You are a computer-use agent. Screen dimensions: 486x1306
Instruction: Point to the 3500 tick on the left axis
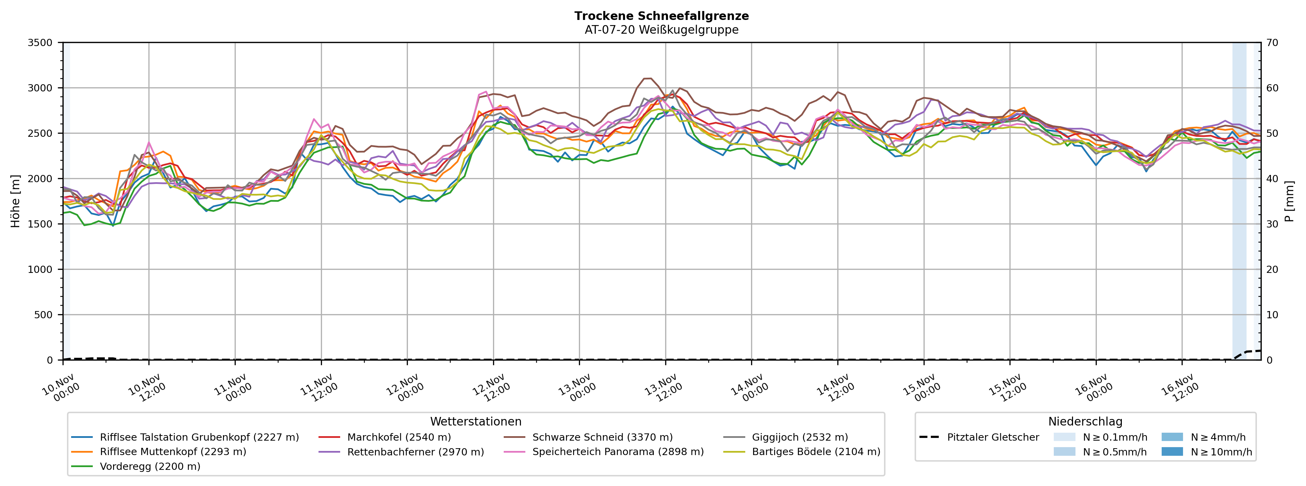coord(40,43)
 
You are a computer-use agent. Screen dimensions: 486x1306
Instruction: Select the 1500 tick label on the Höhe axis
coord(40,224)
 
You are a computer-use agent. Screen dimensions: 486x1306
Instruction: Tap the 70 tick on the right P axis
coord(1273,43)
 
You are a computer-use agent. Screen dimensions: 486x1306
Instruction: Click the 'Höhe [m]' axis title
coord(15,201)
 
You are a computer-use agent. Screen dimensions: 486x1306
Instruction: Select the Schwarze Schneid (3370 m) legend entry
coord(602,437)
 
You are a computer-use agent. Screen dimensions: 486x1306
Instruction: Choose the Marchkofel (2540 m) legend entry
coord(399,437)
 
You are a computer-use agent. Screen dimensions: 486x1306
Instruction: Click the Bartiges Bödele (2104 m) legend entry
coord(816,452)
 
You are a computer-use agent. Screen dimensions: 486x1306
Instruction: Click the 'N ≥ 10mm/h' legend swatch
coord(1172,452)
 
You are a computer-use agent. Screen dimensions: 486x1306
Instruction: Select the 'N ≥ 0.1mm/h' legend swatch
coord(1064,437)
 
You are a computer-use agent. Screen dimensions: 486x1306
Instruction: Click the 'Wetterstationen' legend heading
coord(476,422)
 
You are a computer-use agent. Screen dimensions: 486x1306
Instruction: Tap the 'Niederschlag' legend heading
coord(1085,422)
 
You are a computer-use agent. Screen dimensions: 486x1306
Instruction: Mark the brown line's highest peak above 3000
coord(647,78)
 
